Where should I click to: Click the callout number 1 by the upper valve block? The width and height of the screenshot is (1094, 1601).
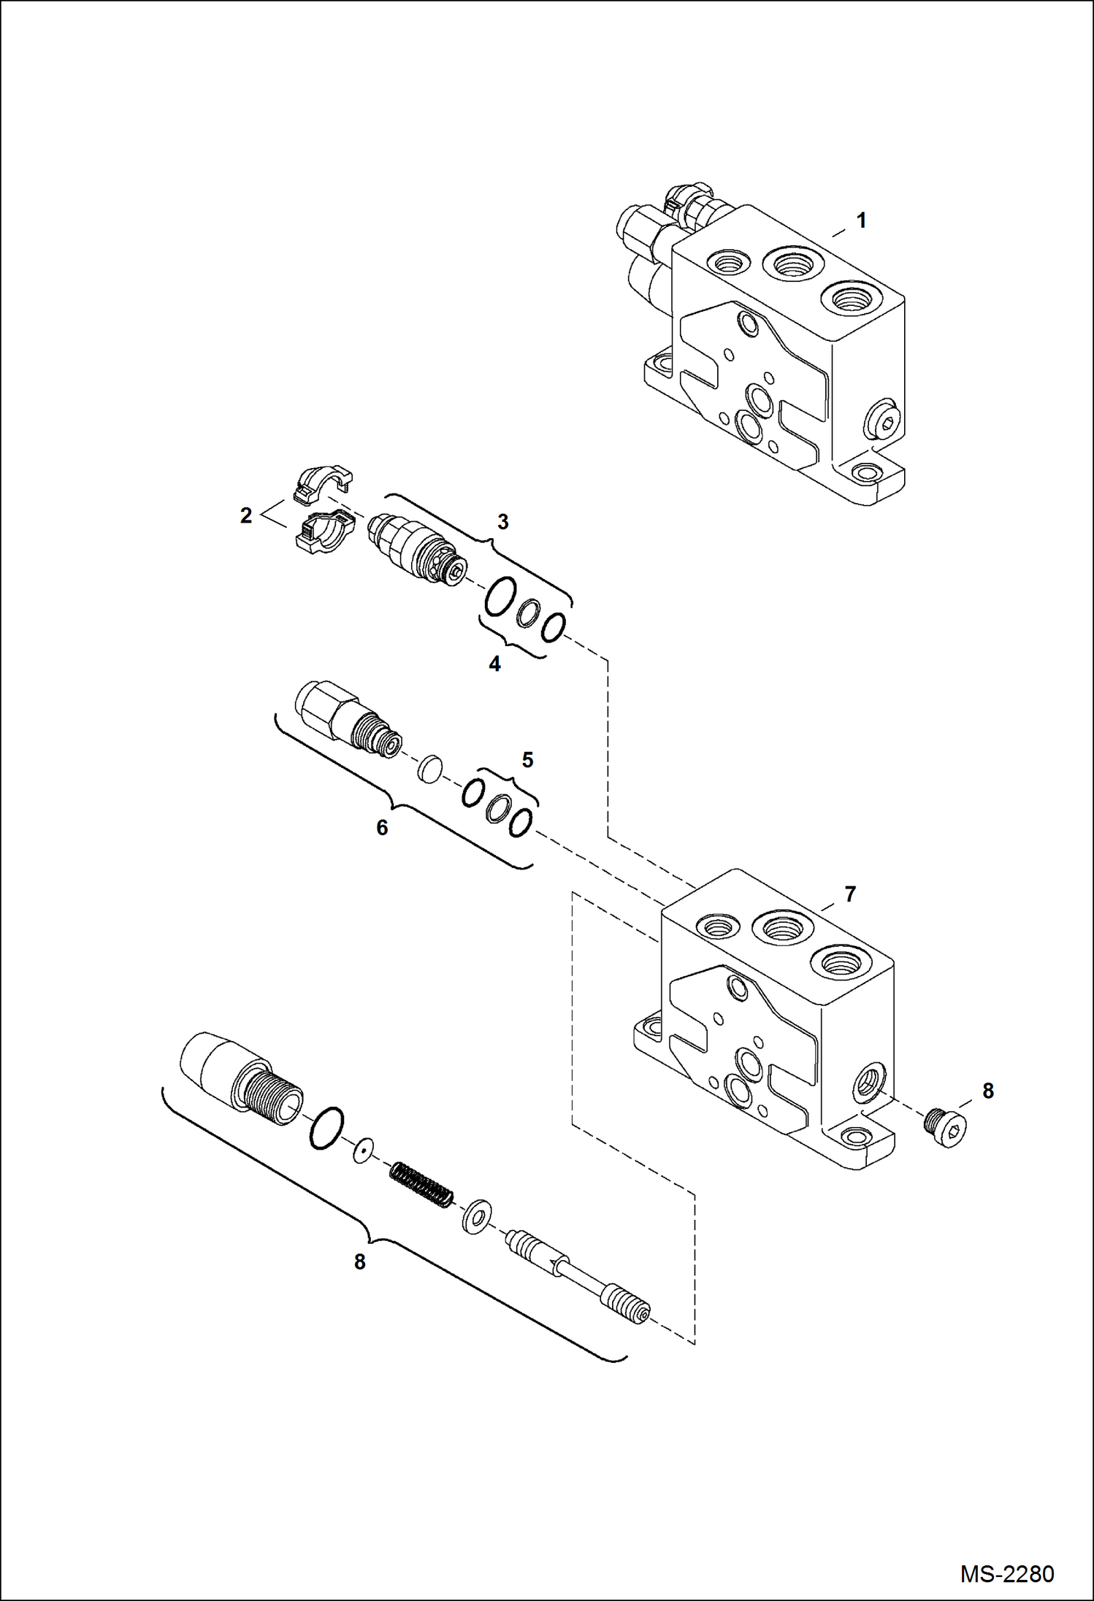click(x=861, y=220)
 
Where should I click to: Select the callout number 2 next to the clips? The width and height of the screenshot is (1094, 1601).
click(x=246, y=515)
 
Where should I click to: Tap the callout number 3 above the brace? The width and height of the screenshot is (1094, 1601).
click(x=502, y=522)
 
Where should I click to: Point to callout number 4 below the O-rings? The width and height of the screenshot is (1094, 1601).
click(x=494, y=664)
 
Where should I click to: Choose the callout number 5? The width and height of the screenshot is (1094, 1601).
click(x=527, y=760)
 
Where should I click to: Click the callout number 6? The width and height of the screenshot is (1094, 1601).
click(x=382, y=828)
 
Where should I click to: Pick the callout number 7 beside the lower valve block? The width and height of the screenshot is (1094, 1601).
click(x=850, y=894)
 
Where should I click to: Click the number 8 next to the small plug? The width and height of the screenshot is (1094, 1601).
click(x=987, y=1091)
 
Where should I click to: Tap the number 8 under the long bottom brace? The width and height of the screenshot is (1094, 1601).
click(x=359, y=1262)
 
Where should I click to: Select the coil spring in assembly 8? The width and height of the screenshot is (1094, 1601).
click(x=421, y=1184)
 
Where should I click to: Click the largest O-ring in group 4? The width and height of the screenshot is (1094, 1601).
click(x=501, y=597)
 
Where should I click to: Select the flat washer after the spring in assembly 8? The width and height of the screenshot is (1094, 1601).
click(x=476, y=1216)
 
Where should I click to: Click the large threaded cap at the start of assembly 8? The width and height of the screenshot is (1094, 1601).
click(x=241, y=1080)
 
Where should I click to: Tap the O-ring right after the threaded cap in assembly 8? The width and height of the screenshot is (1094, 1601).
click(x=326, y=1128)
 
